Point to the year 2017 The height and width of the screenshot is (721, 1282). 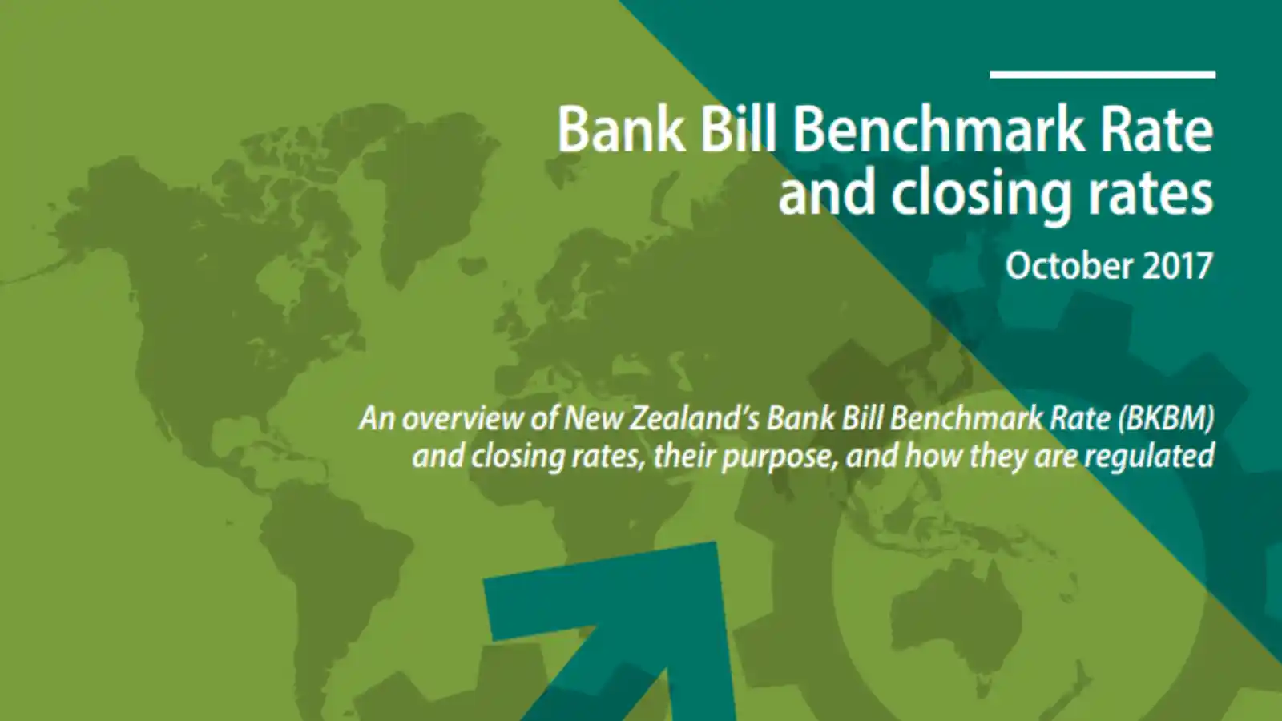(x=1177, y=266)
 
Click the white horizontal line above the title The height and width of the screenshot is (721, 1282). (x=1103, y=75)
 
